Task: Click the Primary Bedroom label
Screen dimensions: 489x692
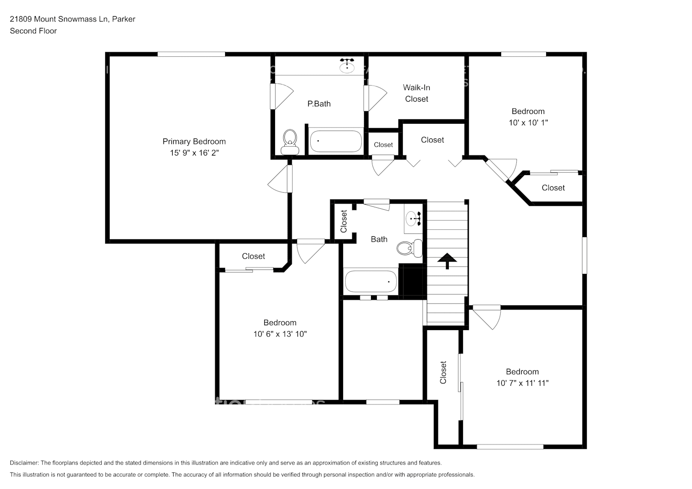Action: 194,141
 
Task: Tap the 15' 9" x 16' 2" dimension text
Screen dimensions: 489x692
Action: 194,153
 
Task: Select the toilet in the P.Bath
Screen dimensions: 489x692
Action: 290,141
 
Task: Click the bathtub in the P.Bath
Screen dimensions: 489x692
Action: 336,141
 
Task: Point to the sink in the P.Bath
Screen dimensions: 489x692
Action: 347,65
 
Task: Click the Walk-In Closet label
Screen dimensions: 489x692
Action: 416,93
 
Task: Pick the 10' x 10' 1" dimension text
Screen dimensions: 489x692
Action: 528,123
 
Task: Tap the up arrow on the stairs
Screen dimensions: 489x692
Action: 446,261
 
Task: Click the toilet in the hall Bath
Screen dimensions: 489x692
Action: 410,248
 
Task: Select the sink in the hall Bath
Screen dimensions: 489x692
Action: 414,219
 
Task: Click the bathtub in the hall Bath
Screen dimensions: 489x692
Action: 371,282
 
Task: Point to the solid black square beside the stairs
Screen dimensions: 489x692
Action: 411,280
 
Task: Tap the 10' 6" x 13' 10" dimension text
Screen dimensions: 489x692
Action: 280,334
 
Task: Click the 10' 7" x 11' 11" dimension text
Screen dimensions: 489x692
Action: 522,383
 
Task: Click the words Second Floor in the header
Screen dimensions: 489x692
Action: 33,31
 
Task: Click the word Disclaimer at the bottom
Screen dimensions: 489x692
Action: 23,463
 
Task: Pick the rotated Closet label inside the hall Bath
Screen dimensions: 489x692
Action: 344,221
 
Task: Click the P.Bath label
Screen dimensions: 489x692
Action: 319,104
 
